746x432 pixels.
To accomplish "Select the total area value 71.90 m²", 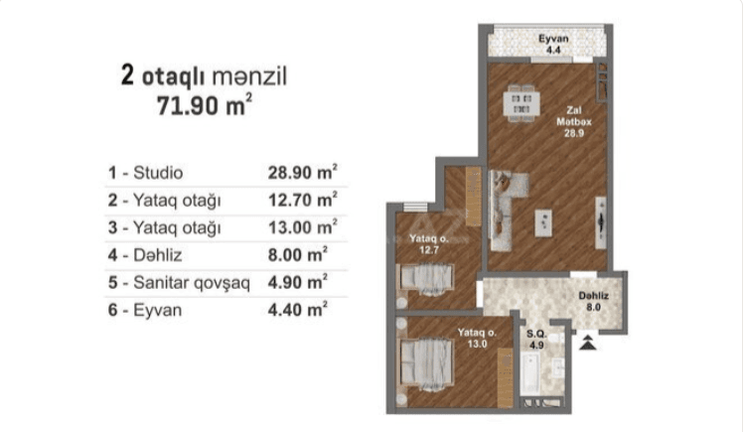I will pos(204,106).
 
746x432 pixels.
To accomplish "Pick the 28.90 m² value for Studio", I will pos(302,172).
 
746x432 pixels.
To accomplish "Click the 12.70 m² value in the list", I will pos(302,200).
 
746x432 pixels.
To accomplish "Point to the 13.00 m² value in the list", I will pos(302,227).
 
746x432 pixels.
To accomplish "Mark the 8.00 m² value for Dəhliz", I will pos(298,255).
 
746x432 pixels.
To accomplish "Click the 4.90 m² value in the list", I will pos(298,283).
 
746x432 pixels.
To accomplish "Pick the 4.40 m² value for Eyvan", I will pos(298,311).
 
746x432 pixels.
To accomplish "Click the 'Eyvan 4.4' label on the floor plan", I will pos(552,45).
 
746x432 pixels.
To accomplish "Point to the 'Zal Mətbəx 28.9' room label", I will pos(573,120).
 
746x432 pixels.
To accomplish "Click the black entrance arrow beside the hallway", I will pos(590,344).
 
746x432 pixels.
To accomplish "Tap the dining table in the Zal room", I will pos(521,101).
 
